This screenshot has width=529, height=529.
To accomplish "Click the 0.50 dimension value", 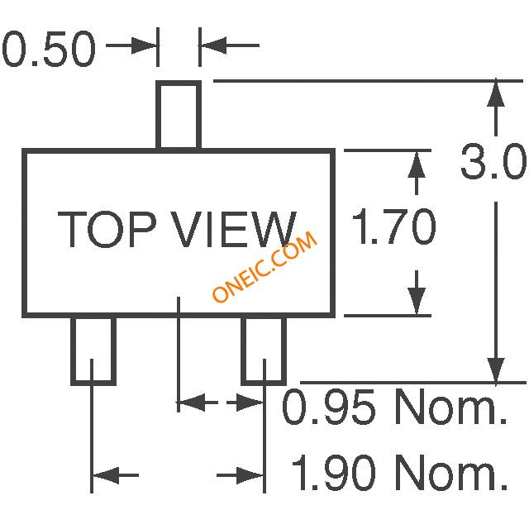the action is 50,50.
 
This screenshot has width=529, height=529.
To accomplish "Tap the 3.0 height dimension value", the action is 493,162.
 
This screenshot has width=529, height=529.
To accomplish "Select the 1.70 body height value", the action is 394,226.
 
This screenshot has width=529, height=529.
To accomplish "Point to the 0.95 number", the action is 328,407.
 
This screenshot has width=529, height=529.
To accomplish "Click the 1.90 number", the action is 333,472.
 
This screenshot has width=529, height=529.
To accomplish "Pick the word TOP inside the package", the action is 107,230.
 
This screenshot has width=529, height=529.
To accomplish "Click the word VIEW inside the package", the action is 235,230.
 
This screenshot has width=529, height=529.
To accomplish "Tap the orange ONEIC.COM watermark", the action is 264,266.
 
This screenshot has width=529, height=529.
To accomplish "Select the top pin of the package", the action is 179,115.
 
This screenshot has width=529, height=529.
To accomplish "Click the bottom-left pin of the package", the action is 93,350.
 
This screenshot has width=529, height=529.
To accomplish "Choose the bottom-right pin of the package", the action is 264,350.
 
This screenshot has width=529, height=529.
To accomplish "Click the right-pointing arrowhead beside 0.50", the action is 144,45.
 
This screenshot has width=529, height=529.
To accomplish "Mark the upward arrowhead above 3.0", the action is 496,93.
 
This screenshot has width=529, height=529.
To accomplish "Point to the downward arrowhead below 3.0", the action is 496,370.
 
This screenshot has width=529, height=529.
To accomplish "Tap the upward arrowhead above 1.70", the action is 417,164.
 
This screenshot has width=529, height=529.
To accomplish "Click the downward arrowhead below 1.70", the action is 417,302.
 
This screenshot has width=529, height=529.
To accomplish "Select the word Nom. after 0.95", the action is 451,407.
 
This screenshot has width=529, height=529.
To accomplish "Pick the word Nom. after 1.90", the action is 451,472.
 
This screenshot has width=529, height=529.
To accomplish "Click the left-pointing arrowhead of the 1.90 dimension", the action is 106,475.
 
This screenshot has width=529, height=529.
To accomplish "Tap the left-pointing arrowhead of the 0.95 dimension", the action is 191,403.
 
